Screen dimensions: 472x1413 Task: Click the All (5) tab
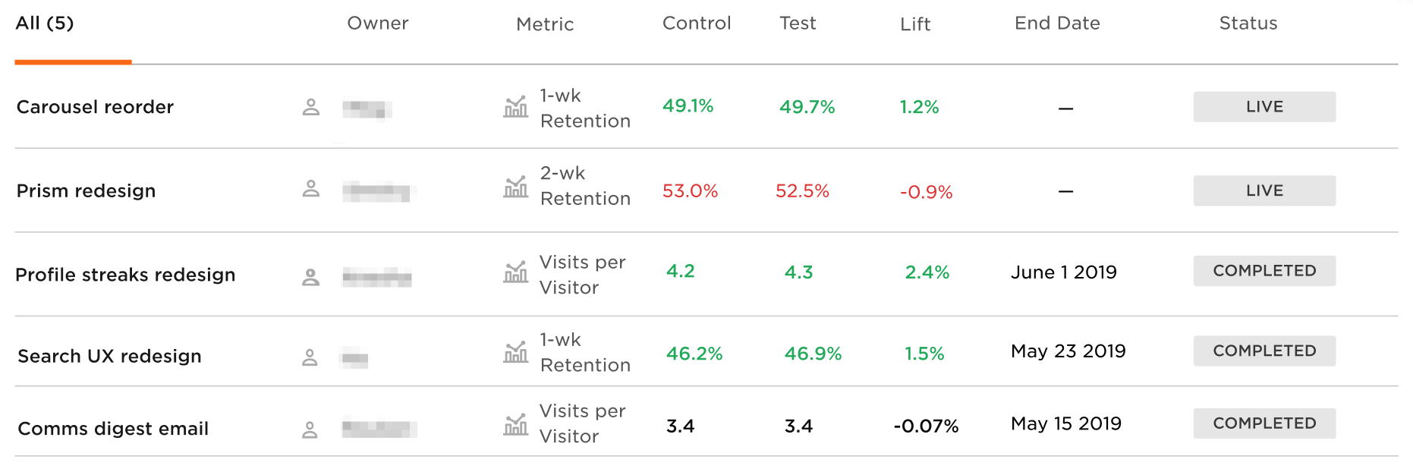(45, 24)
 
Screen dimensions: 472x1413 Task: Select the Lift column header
(914, 24)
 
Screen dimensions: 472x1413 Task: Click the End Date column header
(1057, 24)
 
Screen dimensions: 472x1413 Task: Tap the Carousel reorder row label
(95, 107)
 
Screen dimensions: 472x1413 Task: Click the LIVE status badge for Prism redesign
(1264, 190)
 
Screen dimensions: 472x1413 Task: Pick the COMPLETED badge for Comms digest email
(1264, 423)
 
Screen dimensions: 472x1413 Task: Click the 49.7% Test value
(807, 107)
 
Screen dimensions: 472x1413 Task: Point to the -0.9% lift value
(926, 192)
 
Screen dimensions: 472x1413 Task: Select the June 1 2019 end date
(1063, 272)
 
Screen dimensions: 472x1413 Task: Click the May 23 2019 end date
(1068, 351)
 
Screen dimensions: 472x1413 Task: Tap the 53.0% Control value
(690, 190)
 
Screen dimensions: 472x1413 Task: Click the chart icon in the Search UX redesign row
(515, 352)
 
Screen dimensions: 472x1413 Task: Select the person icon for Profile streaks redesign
(310, 277)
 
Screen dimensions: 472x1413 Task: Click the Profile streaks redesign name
(125, 275)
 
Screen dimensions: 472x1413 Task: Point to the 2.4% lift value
(927, 272)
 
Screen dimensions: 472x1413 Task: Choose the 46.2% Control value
(694, 354)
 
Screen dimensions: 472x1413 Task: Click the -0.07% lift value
(926, 426)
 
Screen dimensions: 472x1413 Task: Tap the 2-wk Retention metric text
(584, 186)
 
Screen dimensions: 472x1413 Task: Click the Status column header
(1248, 24)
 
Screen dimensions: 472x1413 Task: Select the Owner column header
(377, 24)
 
